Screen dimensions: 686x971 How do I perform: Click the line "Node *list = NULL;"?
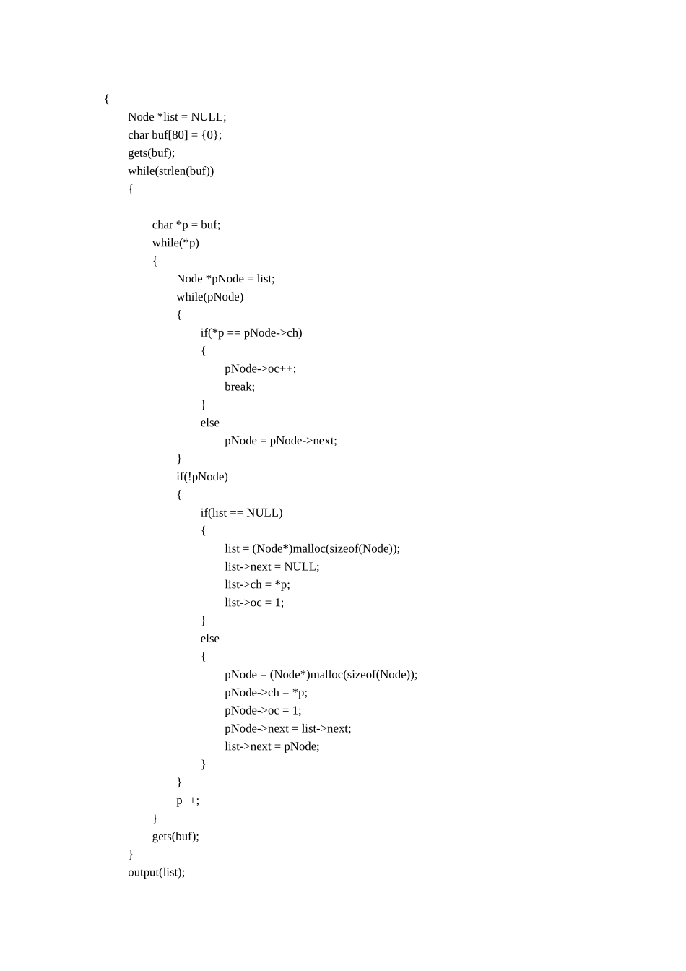[x=177, y=117]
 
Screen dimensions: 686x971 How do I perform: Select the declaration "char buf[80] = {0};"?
[x=175, y=135]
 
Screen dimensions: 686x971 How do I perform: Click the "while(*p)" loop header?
[x=175, y=243]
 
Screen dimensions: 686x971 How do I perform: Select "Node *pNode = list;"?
[x=225, y=279]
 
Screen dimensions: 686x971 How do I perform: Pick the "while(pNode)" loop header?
[x=209, y=297]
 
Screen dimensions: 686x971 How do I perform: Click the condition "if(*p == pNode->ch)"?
[x=251, y=333]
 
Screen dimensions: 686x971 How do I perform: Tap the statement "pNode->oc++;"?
[x=260, y=369]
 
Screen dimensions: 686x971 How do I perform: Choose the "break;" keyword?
[x=240, y=387]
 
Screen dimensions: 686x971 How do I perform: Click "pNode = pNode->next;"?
[x=281, y=441]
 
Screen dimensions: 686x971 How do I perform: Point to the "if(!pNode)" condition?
[x=202, y=477]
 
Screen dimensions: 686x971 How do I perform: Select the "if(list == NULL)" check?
[x=241, y=513]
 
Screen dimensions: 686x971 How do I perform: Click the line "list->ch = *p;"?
[x=257, y=584]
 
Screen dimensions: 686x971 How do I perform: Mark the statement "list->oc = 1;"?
[x=254, y=603]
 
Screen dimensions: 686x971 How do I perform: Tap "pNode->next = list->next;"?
[x=287, y=728]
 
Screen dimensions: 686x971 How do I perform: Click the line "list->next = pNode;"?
[x=272, y=746]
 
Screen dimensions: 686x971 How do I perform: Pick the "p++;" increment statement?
[x=188, y=800]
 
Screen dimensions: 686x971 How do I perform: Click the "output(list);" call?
[x=157, y=872]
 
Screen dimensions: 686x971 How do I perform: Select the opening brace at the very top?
[x=107, y=99]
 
